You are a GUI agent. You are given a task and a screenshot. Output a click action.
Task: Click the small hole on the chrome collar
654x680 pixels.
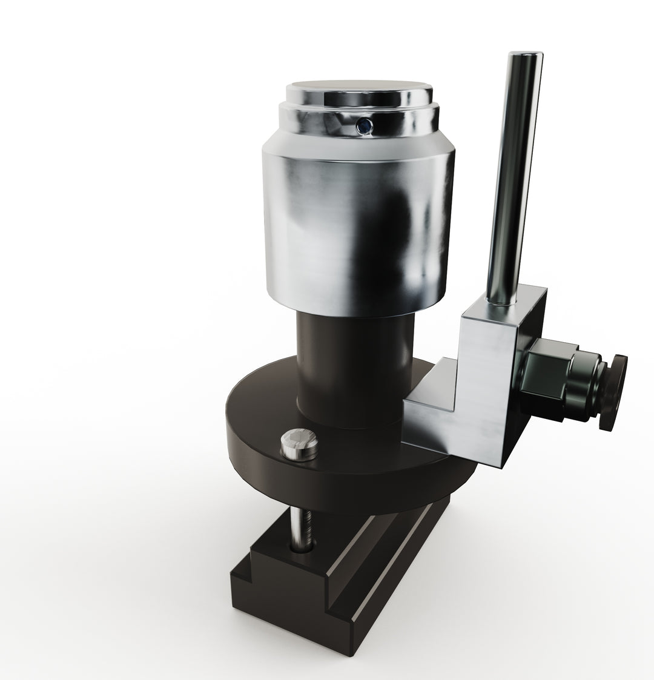point(364,125)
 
